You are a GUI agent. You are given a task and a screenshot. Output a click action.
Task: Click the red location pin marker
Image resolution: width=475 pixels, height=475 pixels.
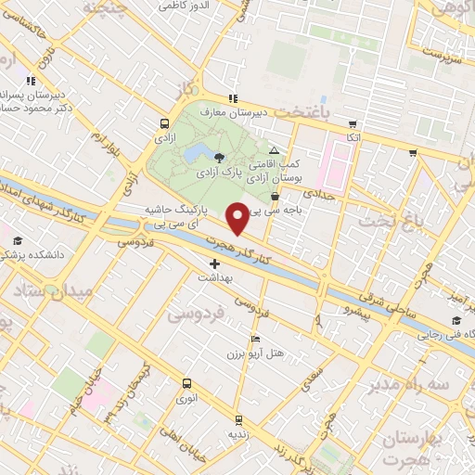click(237, 217)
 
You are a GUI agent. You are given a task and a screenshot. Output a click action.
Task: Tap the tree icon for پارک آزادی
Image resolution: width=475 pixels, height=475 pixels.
click(219, 158)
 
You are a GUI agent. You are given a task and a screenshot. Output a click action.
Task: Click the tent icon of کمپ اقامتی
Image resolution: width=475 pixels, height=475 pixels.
click(273, 150)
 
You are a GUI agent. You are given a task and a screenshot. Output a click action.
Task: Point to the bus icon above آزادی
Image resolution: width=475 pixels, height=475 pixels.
click(164, 123)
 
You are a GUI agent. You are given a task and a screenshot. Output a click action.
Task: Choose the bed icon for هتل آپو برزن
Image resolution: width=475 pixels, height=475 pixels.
click(256, 339)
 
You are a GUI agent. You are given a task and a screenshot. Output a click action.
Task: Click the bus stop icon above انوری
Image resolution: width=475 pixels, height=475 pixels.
click(187, 383)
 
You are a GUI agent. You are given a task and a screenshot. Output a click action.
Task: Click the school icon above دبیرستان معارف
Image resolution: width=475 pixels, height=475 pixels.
click(233, 98)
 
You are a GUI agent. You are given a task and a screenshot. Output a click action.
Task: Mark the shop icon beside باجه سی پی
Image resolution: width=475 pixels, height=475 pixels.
click(274, 196)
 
